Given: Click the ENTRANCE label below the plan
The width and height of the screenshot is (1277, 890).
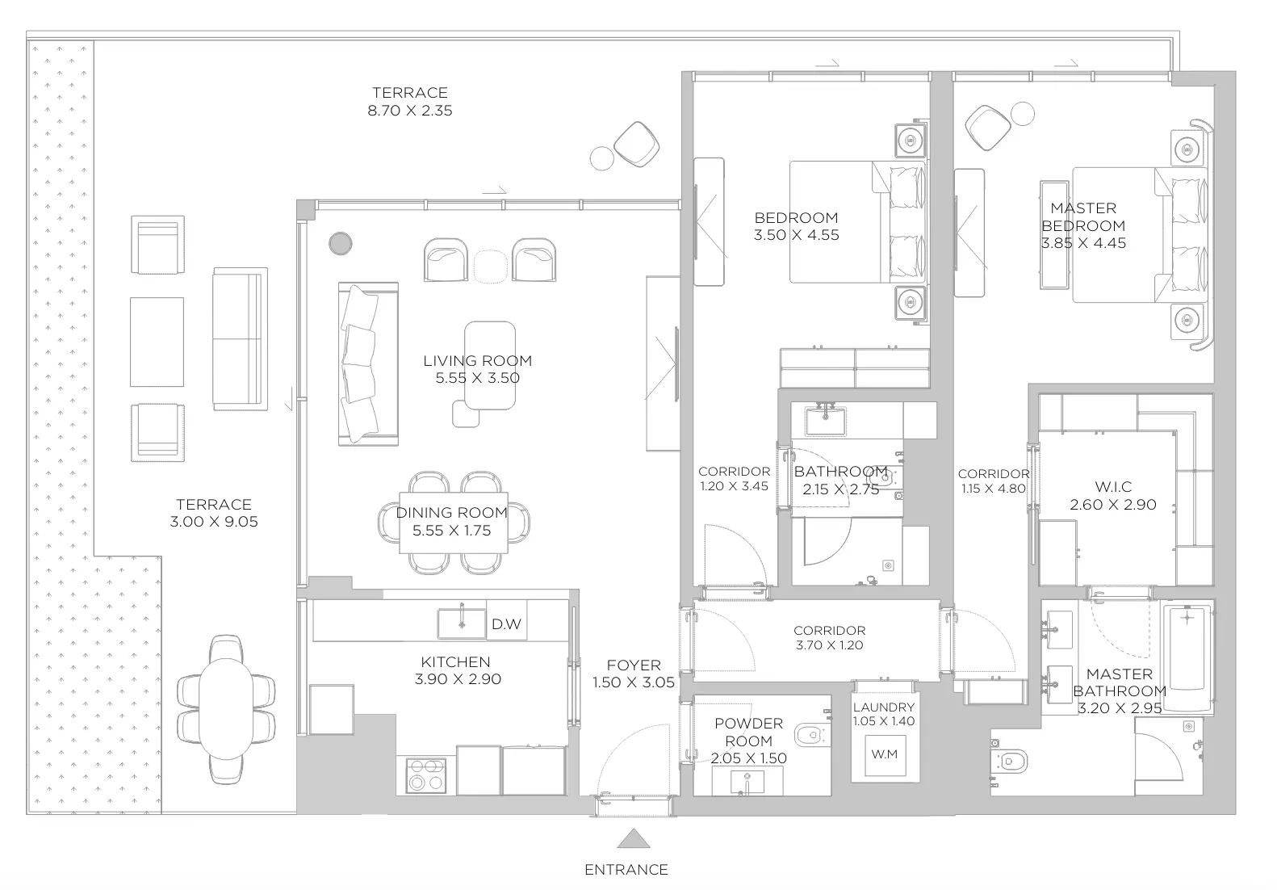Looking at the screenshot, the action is click(x=626, y=870).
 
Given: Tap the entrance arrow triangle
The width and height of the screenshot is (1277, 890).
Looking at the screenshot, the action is click(x=634, y=838).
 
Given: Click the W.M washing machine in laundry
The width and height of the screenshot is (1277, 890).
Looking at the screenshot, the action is click(x=885, y=755).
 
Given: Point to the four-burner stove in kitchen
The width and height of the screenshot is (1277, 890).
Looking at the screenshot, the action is click(x=426, y=775).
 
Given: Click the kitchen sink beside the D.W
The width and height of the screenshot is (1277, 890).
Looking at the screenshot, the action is click(x=462, y=623).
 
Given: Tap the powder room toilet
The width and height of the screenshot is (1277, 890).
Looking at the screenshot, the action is click(x=812, y=736).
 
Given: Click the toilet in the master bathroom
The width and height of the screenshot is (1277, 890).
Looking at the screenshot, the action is click(x=1009, y=761).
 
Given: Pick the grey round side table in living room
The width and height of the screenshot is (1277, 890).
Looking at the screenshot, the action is click(x=341, y=244).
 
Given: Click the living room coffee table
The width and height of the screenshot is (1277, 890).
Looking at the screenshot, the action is click(x=490, y=366).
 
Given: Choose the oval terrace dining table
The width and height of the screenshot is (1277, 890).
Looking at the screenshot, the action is click(x=226, y=708).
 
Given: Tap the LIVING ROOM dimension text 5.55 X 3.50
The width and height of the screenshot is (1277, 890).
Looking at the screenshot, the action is click(x=478, y=378).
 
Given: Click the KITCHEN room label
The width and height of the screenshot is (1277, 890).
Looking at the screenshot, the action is click(x=455, y=661).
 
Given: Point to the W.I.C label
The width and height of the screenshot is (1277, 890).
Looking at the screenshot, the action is click(x=1113, y=487).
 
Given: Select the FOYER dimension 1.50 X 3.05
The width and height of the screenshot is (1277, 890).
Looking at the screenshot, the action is click(x=634, y=682).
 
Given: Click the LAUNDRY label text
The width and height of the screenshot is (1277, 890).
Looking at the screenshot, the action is click(x=884, y=707).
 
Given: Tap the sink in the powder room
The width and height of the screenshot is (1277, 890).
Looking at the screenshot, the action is click(x=747, y=780).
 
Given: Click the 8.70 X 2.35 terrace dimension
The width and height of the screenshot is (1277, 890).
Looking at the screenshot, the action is click(x=410, y=111).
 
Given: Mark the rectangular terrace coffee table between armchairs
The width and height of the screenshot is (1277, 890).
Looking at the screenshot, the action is click(x=157, y=342).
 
